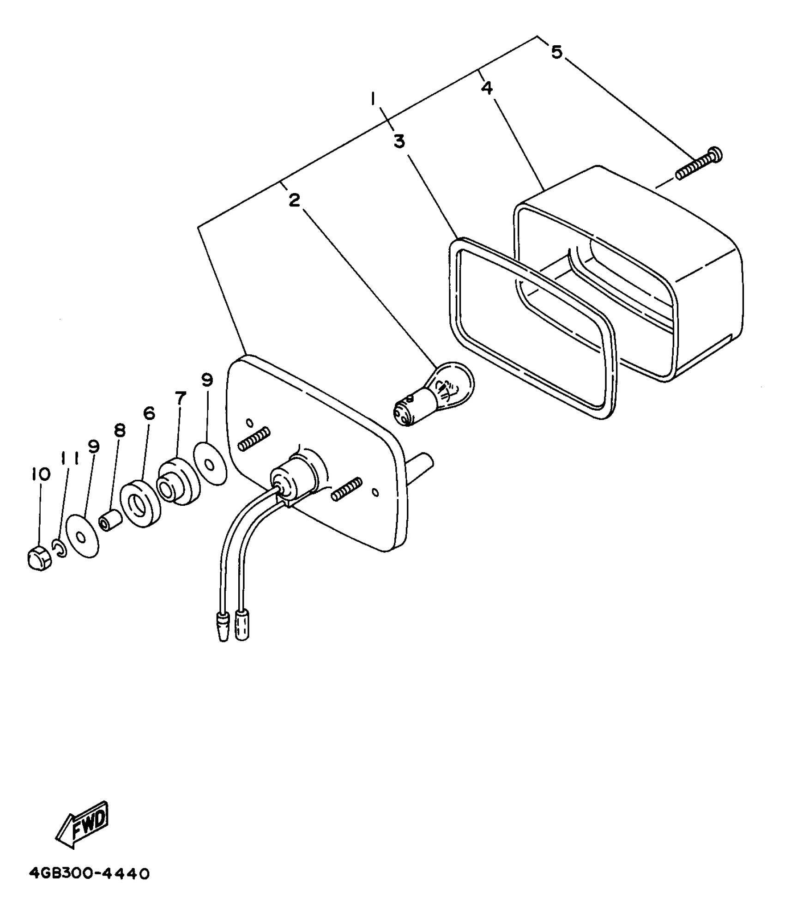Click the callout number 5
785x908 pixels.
557,52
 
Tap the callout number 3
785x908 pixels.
399,141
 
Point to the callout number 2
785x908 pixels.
295,200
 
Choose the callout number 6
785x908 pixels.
149,413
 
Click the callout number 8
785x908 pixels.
120,430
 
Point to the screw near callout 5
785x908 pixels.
699,163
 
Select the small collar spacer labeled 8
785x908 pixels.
110,520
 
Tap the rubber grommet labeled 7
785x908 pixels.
178,481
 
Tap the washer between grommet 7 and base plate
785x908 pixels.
211,463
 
